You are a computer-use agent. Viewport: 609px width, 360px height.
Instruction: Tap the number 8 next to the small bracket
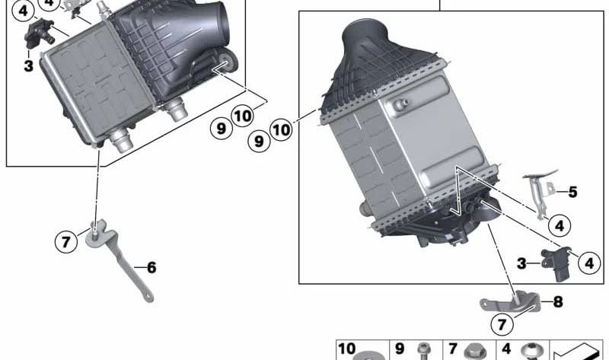click(558, 302)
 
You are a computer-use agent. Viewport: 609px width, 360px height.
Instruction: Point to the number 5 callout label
click(572, 192)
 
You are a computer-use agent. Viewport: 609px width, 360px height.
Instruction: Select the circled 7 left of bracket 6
click(66, 243)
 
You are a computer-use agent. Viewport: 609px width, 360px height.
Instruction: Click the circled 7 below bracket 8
click(502, 325)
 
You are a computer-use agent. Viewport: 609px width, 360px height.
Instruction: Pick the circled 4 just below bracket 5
click(559, 225)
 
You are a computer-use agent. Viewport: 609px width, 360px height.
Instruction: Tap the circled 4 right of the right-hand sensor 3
click(588, 263)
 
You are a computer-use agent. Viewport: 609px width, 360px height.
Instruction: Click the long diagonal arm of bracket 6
click(125, 267)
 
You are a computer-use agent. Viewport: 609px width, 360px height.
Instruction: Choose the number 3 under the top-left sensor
click(28, 66)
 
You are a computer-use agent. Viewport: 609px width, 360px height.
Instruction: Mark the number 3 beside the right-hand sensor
click(521, 263)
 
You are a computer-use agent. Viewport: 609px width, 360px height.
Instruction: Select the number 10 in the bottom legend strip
click(346, 349)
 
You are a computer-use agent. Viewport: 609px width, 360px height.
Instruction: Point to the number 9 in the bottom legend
click(399, 349)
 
